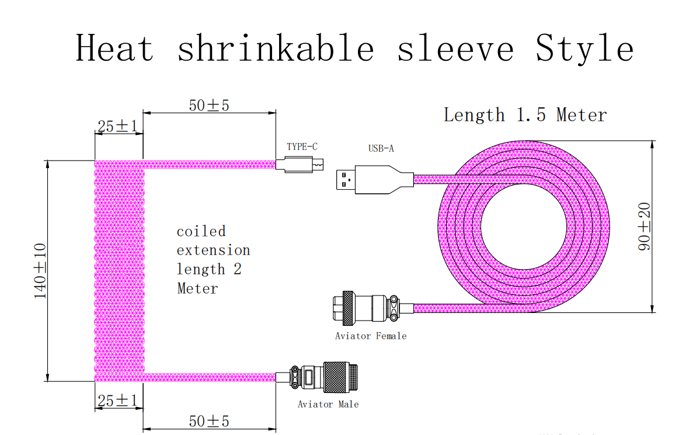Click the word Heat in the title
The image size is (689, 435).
point(115,48)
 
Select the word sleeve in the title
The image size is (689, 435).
point(455,48)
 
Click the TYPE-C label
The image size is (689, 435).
point(302,147)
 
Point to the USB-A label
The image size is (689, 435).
point(381,148)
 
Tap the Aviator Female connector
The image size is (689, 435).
point(364,308)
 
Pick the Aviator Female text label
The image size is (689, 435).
point(370,336)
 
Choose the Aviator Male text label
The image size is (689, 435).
point(328,404)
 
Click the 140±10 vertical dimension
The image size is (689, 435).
point(40,271)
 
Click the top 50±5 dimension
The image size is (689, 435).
point(209,105)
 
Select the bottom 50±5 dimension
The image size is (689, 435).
point(209,420)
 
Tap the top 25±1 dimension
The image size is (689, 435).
point(117,126)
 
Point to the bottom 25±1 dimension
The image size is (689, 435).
point(117,401)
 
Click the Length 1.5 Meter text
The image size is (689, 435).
point(525,114)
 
